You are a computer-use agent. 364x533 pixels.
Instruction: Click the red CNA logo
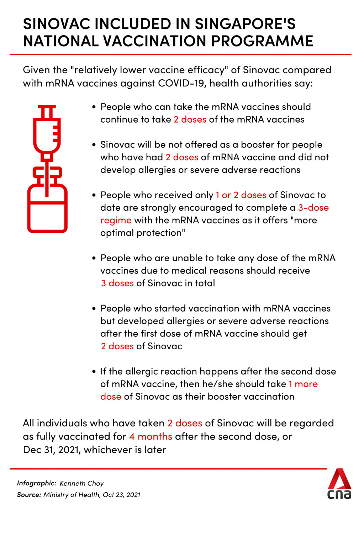pyautogui.click(x=339, y=484)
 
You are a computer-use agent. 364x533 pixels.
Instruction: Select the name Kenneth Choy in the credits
pyautogui.click(x=81, y=483)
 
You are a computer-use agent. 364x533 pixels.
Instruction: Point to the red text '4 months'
pyautogui.click(x=151, y=436)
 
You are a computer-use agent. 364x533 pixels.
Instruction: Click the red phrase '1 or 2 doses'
pyautogui.click(x=241, y=195)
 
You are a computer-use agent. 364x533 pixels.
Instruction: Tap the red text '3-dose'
pyautogui.click(x=313, y=208)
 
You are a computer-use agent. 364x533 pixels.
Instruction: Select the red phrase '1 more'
pyautogui.click(x=303, y=384)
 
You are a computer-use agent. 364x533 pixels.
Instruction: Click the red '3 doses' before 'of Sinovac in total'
pyautogui.click(x=117, y=283)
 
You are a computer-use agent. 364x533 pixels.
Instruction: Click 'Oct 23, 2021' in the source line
pyautogui.click(x=121, y=495)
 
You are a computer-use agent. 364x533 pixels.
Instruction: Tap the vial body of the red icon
pyautogui.click(x=47, y=213)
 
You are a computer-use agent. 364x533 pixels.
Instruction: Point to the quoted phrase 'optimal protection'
pyautogui.click(x=142, y=233)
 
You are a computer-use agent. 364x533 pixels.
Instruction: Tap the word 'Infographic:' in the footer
pyautogui.click(x=36, y=483)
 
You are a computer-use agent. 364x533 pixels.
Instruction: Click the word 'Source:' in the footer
pyautogui.click(x=29, y=495)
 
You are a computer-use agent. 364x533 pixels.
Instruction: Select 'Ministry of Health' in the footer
pyautogui.click(x=71, y=495)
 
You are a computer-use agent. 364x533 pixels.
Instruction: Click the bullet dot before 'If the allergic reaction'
pyautogui.click(x=94, y=372)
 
